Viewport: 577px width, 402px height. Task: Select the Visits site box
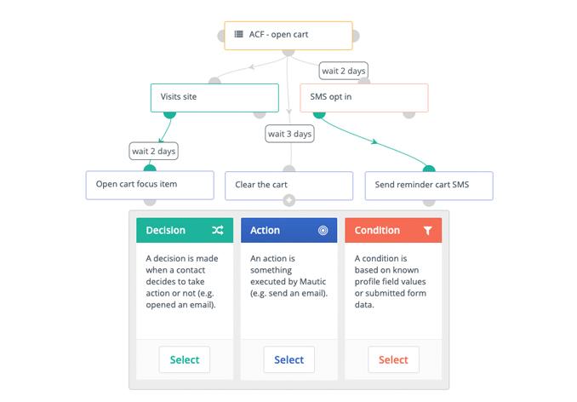(x=214, y=97)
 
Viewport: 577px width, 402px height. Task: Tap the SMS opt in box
(x=363, y=97)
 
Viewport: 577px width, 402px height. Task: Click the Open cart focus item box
(x=149, y=185)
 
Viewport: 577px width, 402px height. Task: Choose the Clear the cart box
(x=288, y=185)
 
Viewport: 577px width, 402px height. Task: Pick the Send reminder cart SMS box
(x=429, y=185)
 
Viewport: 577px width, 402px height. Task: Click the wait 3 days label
(x=289, y=134)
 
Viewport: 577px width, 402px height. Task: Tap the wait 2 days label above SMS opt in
(x=344, y=70)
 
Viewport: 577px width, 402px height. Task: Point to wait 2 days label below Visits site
(x=154, y=152)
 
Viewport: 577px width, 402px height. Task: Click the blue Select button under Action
(x=288, y=359)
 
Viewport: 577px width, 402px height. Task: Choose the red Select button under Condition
(x=392, y=359)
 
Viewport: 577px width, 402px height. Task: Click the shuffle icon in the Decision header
(x=218, y=230)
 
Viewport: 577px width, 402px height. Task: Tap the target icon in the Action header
(x=323, y=230)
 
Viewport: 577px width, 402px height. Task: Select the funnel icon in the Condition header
(x=427, y=230)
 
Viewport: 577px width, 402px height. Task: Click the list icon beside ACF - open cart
(x=238, y=35)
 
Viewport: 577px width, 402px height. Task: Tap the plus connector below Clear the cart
(x=289, y=201)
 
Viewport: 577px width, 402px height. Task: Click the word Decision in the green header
(x=165, y=230)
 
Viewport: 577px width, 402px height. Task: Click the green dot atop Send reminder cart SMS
(x=429, y=169)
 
